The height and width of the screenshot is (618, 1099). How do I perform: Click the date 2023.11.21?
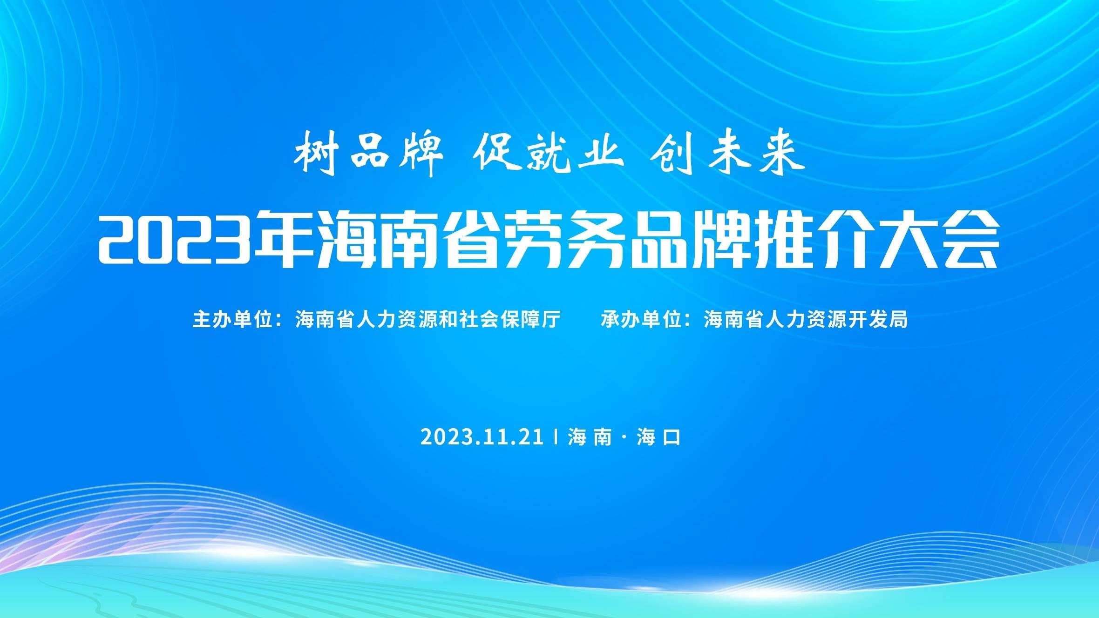(x=482, y=437)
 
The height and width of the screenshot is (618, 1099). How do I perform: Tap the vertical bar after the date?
(x=556, y=437)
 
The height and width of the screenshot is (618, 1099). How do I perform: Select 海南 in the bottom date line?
(x=590, y=437)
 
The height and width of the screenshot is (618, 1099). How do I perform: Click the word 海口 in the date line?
(x=658, y=437)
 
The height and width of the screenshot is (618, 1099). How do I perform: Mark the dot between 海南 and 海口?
(x=624, y=437)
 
